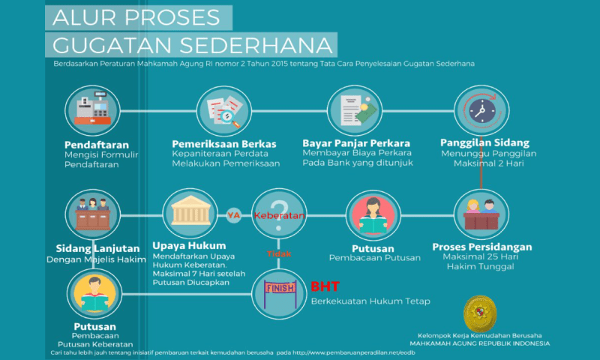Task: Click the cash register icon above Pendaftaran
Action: point(92,111)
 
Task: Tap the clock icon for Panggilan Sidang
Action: point(481,110)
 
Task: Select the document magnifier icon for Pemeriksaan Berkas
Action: point(223,111)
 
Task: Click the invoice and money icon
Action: point(355,110)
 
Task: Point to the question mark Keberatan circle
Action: point(279,214)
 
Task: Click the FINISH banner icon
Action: point(279,294)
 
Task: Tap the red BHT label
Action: point(325,286)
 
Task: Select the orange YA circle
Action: point(234,215)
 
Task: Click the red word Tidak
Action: point(279,253)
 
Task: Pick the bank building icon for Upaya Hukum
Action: point(190,213)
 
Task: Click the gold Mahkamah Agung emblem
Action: point(480,313)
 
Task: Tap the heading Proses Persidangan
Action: point(481,247)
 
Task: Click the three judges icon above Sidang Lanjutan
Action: point(92,214)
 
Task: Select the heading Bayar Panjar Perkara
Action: point(355,143)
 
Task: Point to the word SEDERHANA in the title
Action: point(256,45)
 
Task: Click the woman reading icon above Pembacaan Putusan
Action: point(373,215)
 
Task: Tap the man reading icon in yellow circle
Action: point(94,294)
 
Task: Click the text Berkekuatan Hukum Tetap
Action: point(370,301)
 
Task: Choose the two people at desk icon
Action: point(481,214)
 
